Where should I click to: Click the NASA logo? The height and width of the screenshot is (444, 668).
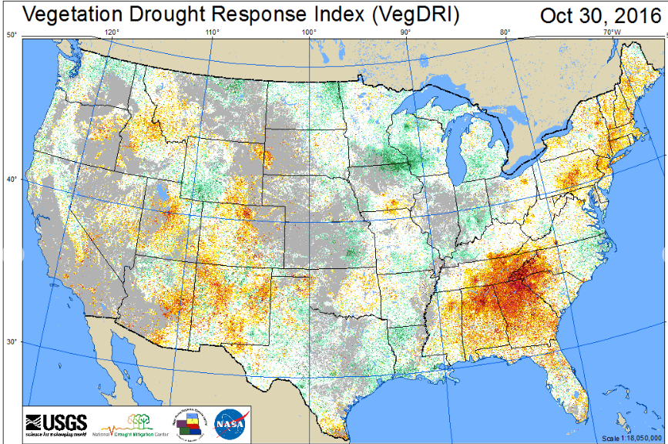[230, 423]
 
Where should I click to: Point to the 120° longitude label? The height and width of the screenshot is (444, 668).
[112, 33]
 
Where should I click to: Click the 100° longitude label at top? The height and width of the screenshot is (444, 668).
[310, 33]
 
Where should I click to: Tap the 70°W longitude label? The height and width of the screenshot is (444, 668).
[613, 33]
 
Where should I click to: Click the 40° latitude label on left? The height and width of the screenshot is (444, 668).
[12, 179]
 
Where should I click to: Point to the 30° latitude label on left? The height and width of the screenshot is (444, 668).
[12, 341]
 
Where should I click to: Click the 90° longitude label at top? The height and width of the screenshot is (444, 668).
[406, 33]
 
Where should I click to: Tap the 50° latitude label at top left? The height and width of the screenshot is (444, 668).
[12, 35]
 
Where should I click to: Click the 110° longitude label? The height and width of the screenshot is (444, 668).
[213, 33]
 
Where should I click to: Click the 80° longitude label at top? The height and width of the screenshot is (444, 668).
[505, 33]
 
